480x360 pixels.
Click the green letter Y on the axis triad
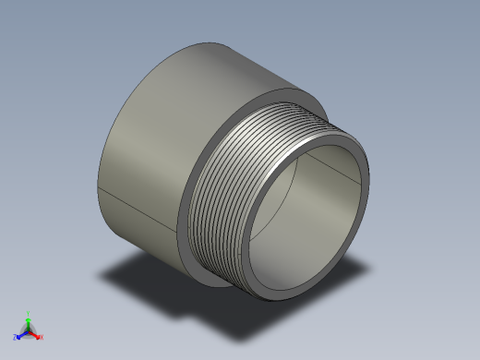29,313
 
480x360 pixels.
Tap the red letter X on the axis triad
42,337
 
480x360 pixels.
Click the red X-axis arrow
36,333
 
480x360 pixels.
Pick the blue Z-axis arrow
21,333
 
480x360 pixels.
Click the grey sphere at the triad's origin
29,330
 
